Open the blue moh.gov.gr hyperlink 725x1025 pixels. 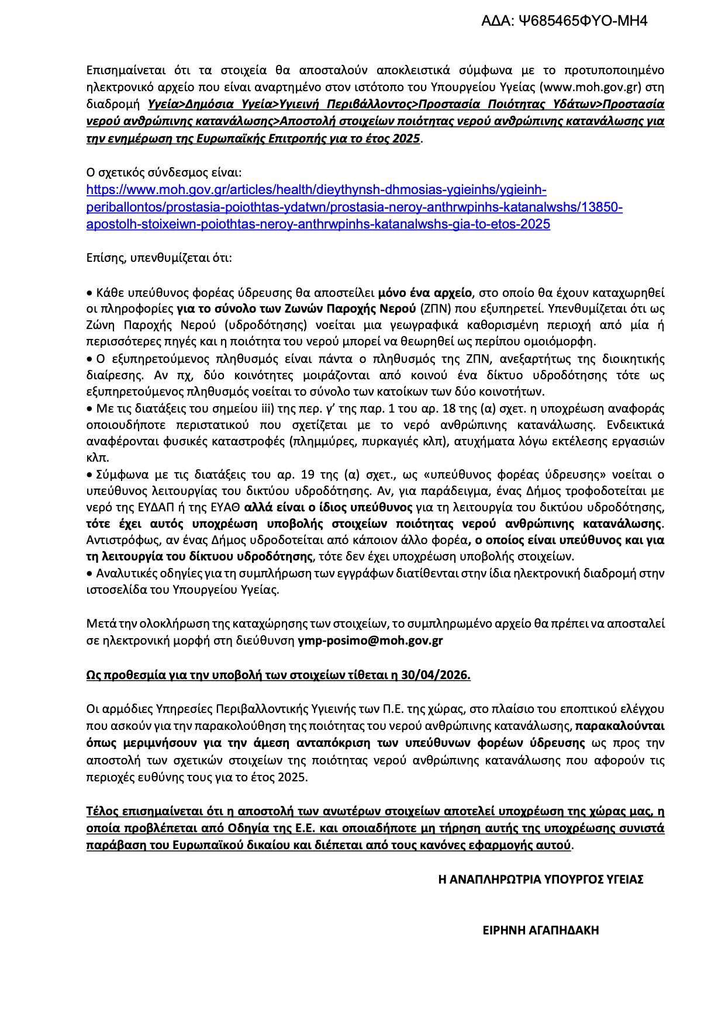354,207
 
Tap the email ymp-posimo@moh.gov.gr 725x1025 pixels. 370,640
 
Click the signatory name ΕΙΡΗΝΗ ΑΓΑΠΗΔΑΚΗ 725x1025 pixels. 541,930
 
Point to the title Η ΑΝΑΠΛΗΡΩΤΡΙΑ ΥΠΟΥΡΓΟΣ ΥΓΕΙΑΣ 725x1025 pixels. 541,879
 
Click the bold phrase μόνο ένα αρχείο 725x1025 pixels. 424,293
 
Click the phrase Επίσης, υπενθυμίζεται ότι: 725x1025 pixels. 159,258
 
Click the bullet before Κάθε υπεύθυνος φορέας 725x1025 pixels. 89,293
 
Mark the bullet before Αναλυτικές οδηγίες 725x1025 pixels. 89,573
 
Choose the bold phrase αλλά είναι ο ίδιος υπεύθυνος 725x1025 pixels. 329,507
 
